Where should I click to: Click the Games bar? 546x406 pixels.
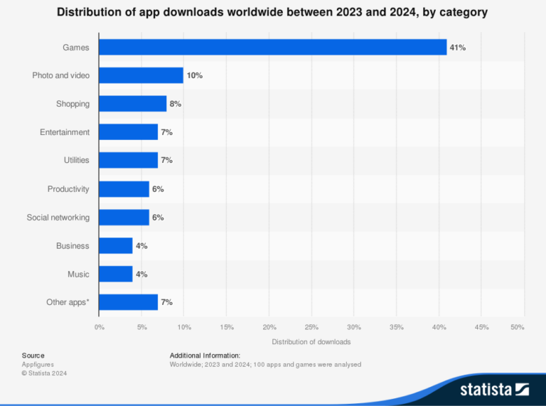click(x=272, y=47)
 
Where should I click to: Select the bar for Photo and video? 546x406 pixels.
click(x=141, y=75)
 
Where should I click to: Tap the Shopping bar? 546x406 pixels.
click(x=132, y=104)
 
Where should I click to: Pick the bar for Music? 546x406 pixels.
click(x=115, y=274)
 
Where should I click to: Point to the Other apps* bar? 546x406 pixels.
click(x=128, y=302)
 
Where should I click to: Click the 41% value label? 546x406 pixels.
click(x=458, y=47)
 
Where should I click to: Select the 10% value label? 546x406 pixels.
click(x=194, y=75)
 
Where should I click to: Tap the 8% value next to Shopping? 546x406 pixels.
click(x=175, y=104)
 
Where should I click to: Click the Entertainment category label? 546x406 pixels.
click(x=65, y=132)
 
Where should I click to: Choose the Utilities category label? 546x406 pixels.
click(x=76, y=160)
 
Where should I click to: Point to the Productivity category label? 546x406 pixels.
click(x=68, y=188)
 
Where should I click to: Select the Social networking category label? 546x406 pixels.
click(x=58, y=217)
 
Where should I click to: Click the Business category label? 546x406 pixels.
click(x=73, y=245)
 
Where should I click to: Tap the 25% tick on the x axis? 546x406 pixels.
click(x=311, y=327)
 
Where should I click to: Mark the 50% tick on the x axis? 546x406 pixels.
click(x=518, y=327)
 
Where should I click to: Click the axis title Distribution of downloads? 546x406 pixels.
click(x=311, y=342)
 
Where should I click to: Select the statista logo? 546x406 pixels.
click(x=494, y=389)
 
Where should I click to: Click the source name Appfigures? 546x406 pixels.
click(x=38, y=364)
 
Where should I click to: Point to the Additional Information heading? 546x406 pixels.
click(x=205, y=355)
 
